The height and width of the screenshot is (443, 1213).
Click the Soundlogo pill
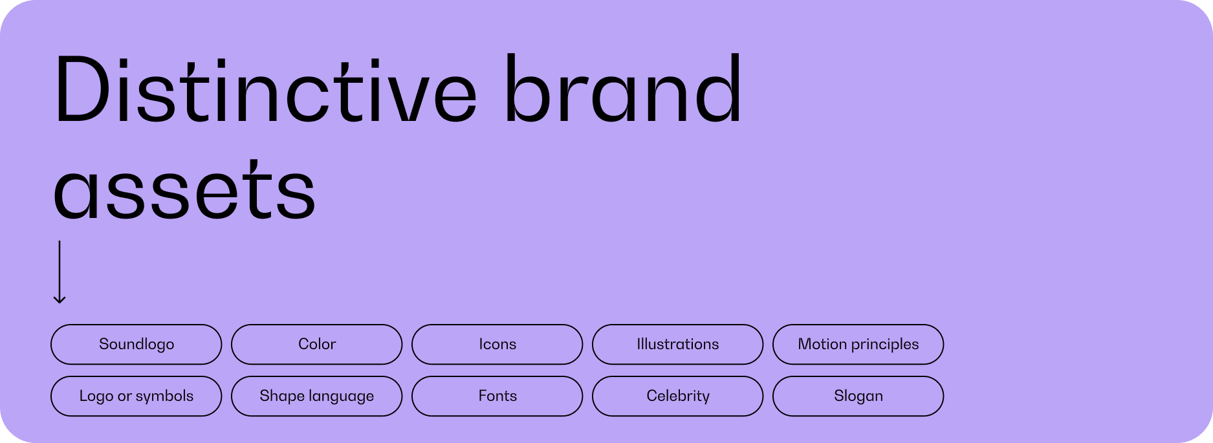tap(137, 344)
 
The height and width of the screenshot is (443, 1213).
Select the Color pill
tap(317, 344)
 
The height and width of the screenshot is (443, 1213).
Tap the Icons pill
tap(497, 344)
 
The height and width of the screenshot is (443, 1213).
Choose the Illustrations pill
tap(678, 344)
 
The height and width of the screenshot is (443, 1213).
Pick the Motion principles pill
tap(858, 344)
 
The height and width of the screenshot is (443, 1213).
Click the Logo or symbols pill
tap(137, 396)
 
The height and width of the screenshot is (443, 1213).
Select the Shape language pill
tap(317, 396)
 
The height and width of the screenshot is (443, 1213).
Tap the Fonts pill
tap(497, 396)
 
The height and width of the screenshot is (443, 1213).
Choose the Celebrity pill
tap(678, 396)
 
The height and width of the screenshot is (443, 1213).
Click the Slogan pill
tap(858, 396)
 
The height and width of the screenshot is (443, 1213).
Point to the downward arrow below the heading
tap(60, 272)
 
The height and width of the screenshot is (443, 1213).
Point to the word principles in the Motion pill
tap(886, 345)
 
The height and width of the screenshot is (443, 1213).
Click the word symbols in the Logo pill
tap(165, 396)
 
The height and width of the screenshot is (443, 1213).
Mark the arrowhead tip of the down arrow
tap(60, 303)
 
